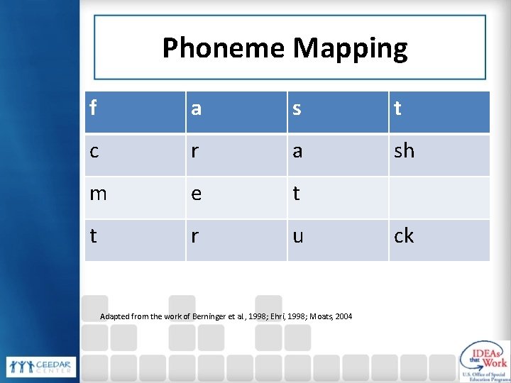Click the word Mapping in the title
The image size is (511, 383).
coord(350,48)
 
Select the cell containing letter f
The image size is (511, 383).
coord(135,112)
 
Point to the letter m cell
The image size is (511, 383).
coord(135,197)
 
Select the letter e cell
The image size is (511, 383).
coord(236,197)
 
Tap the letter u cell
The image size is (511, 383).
coord(337,240)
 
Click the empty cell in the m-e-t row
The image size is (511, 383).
coord(439,197)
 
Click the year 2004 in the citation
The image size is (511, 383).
coord(344,316)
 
